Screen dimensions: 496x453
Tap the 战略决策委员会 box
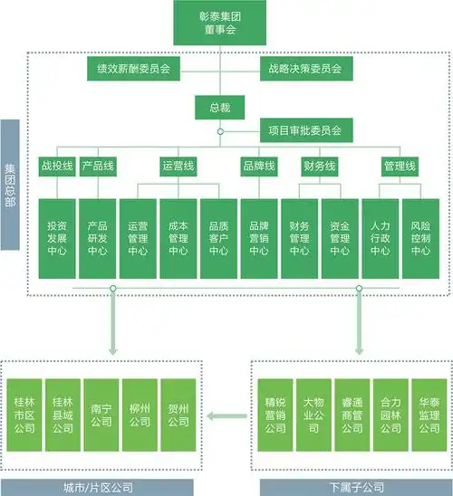(x=304, y=68)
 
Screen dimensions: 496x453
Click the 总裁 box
(x=219, y=108)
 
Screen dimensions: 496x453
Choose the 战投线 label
(x=56, y=167)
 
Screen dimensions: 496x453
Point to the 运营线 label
(x=178, y=167)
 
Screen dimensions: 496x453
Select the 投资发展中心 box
(x=56, y=238)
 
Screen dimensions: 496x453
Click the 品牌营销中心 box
(x=258, y=238)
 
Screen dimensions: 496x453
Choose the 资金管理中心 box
(x=340, y=238)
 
